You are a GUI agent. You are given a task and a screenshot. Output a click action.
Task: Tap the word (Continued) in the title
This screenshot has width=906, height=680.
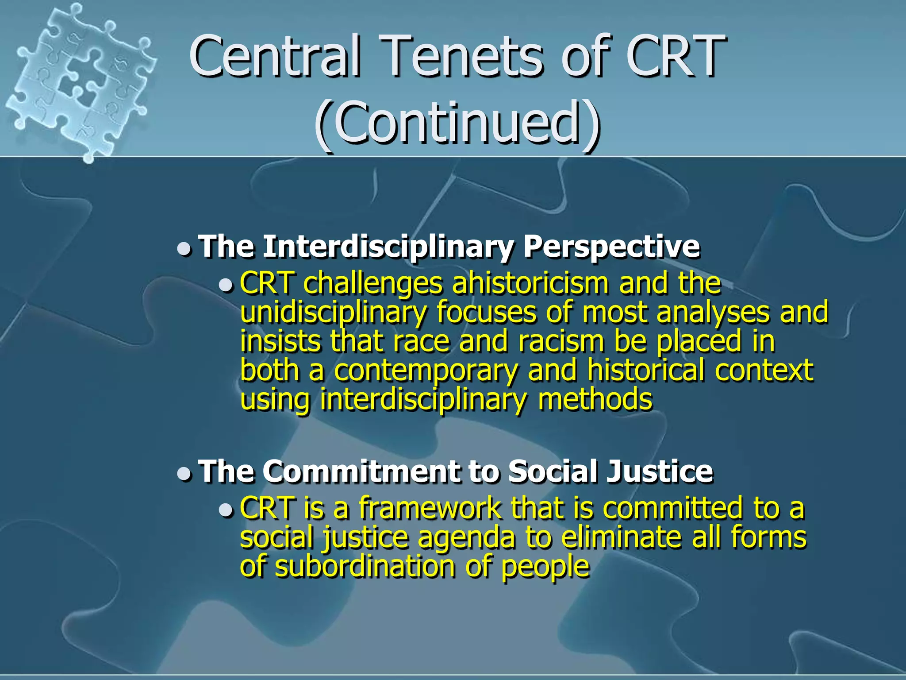[458, 123]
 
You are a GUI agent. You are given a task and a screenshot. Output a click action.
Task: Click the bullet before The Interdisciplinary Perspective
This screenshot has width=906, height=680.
[184, 249]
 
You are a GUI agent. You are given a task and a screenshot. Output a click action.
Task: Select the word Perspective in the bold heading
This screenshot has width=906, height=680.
[611, 246]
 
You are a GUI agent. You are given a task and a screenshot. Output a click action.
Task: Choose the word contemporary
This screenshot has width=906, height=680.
[426, 371]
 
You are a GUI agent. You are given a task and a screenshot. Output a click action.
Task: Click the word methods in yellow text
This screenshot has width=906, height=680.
[595, 399]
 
